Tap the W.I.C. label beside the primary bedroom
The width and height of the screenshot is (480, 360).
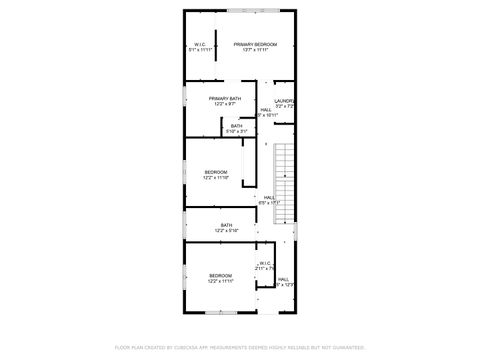pyautogui.click(x=200, y=44)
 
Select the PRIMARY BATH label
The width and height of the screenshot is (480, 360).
pyautogui.click(x=223, y=98)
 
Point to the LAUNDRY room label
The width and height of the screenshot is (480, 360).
pyautogui.click(x=284, y=100)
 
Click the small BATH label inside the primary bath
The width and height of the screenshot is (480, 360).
pyautogui.click(x=236, y=125)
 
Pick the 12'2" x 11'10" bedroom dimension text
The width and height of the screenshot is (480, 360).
pyautogui.click(x=216, y=177)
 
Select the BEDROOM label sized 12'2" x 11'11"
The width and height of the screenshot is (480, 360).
pyautogui.click(x=220, y=275)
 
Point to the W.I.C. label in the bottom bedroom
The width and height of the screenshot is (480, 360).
pyautogui.click(x=266, y=264)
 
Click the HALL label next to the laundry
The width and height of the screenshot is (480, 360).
pyautogui.click(x=265, y=110)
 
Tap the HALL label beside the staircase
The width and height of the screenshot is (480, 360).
pyautogui.click(x=270, y=197)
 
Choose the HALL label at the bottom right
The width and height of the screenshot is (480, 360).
pyautogui.click(x=283, y=279)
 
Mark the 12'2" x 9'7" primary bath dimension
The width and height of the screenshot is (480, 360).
pyautogui.click(x=223, y=103)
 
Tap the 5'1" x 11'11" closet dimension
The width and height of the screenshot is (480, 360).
pyautogui.click(x=200, y=49)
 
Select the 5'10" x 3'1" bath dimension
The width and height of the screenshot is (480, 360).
pyautogui.click(x=236, y=130)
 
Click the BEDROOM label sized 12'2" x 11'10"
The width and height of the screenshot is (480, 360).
pyautogui.click(x=216, y=172)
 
